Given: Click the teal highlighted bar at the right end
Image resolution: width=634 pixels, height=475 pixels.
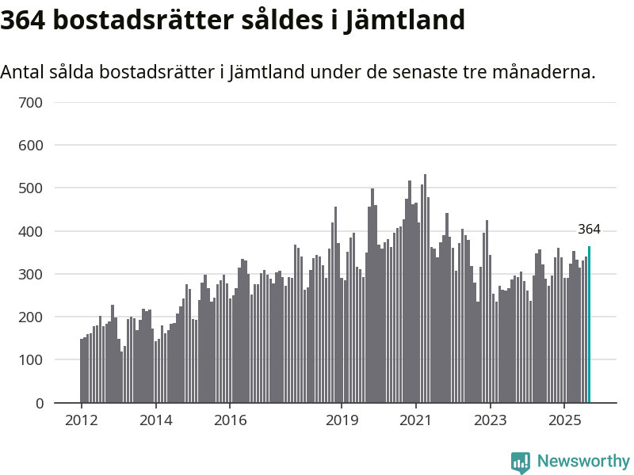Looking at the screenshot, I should [589, 325].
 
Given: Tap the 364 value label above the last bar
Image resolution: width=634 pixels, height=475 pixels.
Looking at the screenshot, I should [589, 230].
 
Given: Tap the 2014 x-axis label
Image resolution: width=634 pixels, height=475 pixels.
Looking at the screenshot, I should [155, 420].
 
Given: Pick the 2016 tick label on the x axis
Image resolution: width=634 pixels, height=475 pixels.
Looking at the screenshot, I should [229, 420].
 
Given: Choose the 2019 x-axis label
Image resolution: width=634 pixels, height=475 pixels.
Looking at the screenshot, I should [341, 420].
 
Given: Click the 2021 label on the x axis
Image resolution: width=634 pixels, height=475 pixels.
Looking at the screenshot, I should [415, 420].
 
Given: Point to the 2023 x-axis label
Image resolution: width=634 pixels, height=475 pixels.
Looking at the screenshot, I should [490, 420].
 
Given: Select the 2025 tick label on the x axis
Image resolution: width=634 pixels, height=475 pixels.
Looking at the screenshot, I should [563, 420].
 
